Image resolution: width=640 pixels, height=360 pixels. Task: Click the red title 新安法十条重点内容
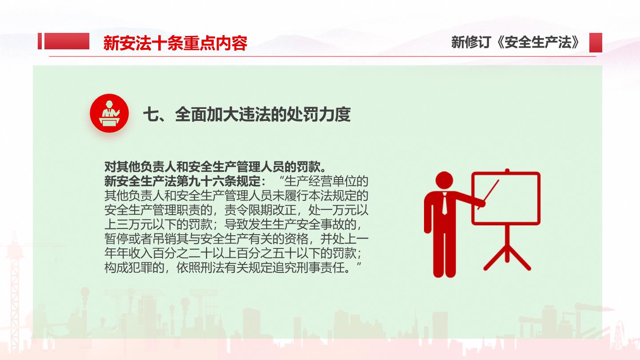click(175, 43)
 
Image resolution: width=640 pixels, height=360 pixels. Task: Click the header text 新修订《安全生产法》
click(516, 42)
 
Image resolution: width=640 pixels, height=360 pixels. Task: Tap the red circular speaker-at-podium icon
click(109, 113)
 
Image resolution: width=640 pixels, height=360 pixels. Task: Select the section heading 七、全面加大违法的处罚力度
click(247, 114)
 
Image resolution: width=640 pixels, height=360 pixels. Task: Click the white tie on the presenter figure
click(444, 204)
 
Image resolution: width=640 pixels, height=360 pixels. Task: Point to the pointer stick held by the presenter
click(488, 194)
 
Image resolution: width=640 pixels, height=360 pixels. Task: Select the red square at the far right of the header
click(596, 43)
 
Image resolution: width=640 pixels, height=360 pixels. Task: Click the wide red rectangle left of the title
click(67, 41)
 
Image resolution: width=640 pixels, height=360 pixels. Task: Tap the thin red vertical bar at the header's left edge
click(40, 41)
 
